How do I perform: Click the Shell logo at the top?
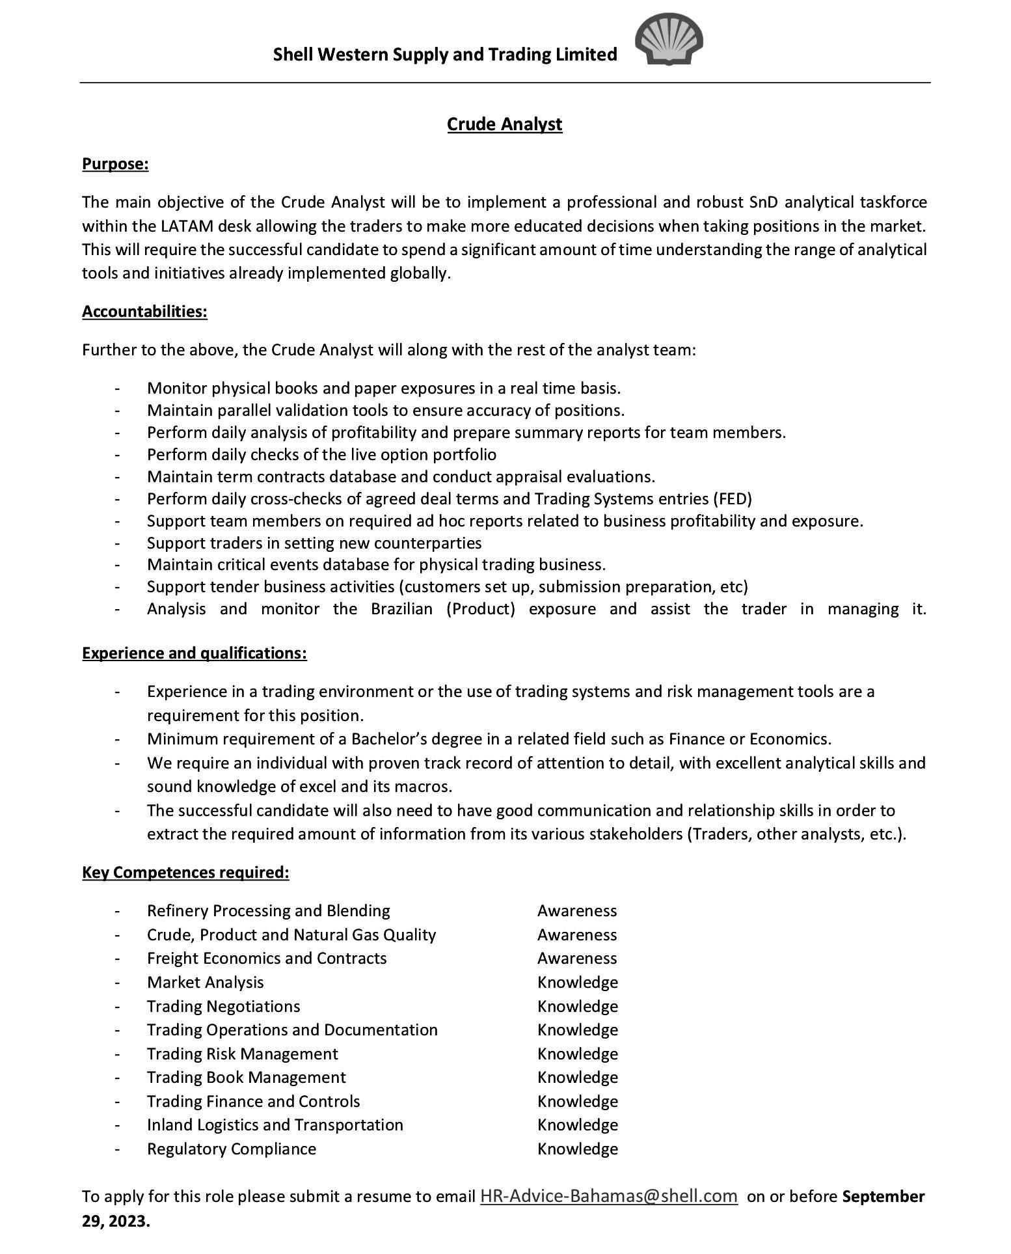669,41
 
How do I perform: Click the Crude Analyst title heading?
504,124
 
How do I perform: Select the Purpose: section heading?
115,164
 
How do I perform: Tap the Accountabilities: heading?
144,312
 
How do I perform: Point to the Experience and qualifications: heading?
194,653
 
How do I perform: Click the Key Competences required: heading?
185,872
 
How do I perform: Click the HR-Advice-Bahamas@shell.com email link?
608,1196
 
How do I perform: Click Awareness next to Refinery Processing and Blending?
576,910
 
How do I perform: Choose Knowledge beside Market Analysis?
577,982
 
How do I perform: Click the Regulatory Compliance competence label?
232,1149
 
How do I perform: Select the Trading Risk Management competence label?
242,1054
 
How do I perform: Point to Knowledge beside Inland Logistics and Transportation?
577,1125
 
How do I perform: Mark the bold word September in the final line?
883,1196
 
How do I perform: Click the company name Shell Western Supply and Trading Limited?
445,55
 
